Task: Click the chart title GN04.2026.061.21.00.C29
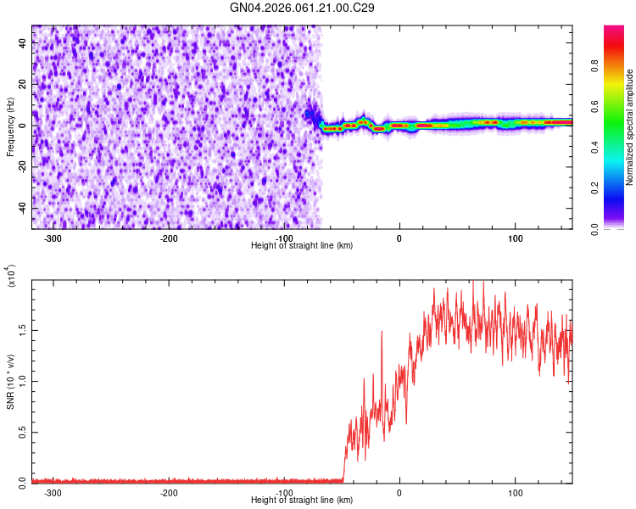303,8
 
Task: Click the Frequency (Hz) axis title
10,126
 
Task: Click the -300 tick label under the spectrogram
53,238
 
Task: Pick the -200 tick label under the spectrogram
169,238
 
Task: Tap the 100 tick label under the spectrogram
515,238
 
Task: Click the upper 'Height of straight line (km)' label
302,245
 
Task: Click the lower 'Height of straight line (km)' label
302,500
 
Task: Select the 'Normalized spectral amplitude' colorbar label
630,127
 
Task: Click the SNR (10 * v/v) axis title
10,382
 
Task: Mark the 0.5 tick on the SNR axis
23,432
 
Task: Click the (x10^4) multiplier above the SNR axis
11,277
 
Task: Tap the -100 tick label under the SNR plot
284,492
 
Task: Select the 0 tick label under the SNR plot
399,492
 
